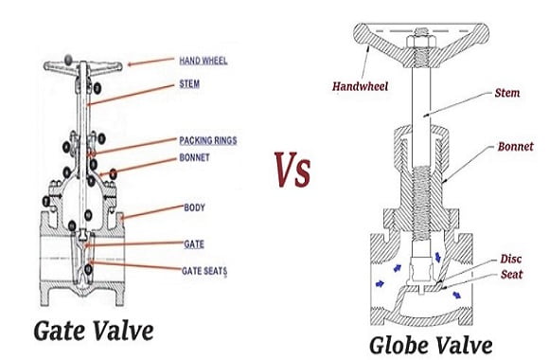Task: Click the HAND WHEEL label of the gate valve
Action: (204, 61)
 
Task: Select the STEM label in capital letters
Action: (189, 83)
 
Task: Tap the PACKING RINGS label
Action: (208, 140)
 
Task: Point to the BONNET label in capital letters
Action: (194, 157)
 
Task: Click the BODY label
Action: (194, 207)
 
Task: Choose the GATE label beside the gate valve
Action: (194, 244)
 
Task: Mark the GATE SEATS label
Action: (204, 271)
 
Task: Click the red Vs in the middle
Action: (292, 170)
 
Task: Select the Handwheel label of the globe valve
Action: (361, 86)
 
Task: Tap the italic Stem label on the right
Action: (507, 93)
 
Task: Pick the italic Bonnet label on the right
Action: (515, 146)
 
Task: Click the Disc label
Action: (511, 259)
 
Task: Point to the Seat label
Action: (511, 274)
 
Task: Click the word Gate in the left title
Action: (60, 331)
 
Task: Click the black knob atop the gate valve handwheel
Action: (68, 60)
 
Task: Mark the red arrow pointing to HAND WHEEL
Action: (151, 62)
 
